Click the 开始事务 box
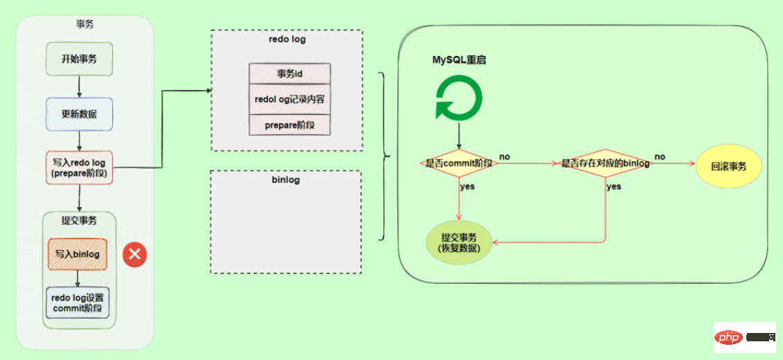pyautogui.click(x=79, y=59)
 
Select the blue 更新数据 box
pyautogui.click(x=79, y=114)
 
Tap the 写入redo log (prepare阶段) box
pyautogui.click(x=79, y=168)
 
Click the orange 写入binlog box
pyautogui.click(x=78, y=254)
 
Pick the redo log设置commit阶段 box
pyautogui.click(x=78, y=303)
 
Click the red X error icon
pyautogui.click(x=134, y=255)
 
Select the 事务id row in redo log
pyautogui.click(x=289, y=74)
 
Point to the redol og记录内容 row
pyautogui.click(x=289, y=99)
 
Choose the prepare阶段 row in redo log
pyautogui.click(x=289, y=125)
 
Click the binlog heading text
pyautogui.click(x=286, y=181)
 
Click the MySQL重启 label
pyautogui.click(x=459, y=60)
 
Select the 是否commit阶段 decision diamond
pyautogui.click(x=458, y=163)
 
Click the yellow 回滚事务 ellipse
pyautogui.click(x=728, y=166)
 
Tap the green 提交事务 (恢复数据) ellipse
pyautogui.click(x=460, y=242)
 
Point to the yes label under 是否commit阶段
pyautogui.click(x=467, y=187)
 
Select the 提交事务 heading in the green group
pyautogui.click(x=79, y=221)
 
